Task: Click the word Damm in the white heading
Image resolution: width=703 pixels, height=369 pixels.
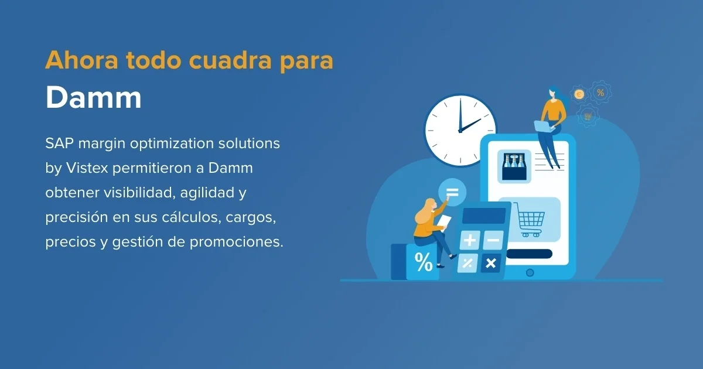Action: coord(94,98)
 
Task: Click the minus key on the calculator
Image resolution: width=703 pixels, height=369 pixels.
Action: coord(493,240)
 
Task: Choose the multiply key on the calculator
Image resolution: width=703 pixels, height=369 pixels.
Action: coord(491,263)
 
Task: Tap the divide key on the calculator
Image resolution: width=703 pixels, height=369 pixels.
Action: coord(468,263)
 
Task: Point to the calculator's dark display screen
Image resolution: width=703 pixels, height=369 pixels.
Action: coord(483,215)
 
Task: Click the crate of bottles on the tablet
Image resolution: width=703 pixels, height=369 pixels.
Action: coord(514,166)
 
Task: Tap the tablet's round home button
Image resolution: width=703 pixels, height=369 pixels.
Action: coord(530,272)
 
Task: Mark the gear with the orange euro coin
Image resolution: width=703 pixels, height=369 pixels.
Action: coord(579,94)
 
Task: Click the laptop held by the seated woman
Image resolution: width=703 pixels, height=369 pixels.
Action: coord(541,126)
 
